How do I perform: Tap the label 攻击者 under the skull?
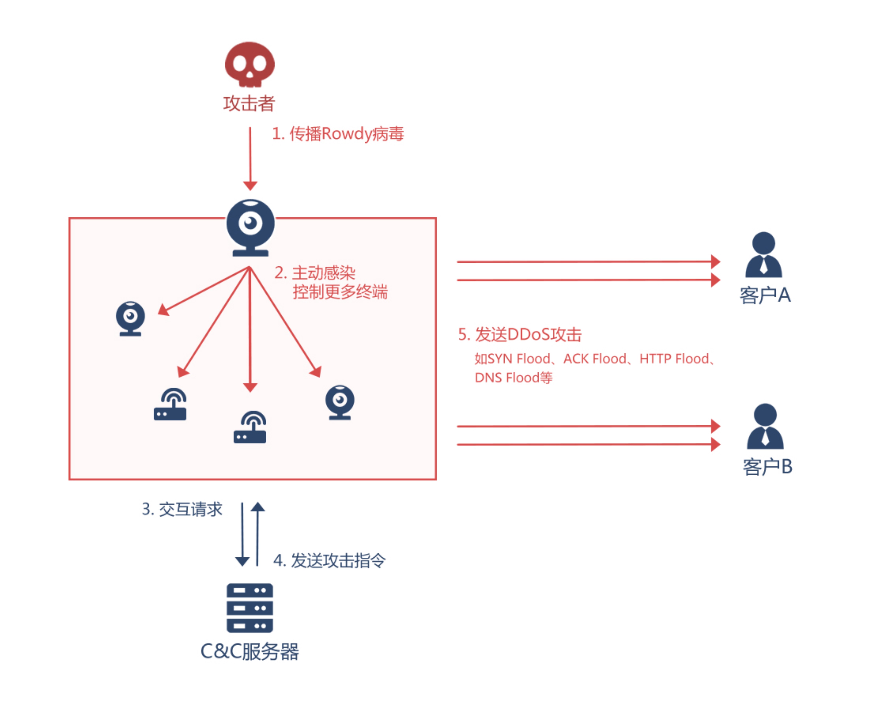click(x=249, y=103)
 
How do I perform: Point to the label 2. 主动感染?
click(x=315, y=273)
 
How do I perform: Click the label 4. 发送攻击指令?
click(x=329, y=560)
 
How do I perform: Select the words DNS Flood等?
click(x=513, y=377)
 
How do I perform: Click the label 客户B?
click(x=767, y=466)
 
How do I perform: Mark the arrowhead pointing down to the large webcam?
click(x=250, y=186)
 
